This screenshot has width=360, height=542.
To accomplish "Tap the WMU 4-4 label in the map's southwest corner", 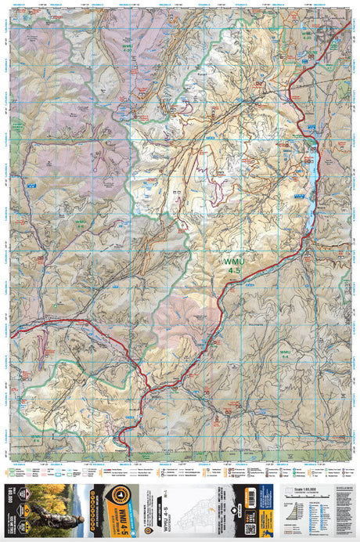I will click(x=37, y=435).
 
